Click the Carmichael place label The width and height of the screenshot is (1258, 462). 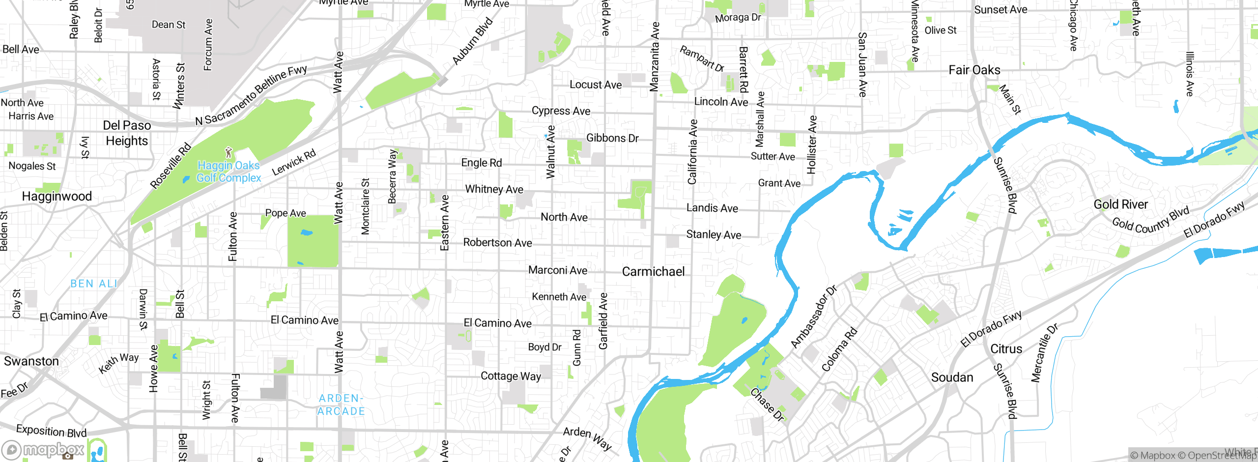click(653, 272)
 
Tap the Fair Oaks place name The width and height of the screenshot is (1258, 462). click(974, 70)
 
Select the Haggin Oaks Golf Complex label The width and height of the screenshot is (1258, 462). click(229, 172)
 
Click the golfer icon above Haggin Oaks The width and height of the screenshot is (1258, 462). click(229, 152)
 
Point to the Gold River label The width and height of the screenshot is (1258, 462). click(1120, 204)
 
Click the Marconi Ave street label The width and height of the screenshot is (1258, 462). click(558, 270)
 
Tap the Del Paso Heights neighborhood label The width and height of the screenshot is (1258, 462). click(127, 133)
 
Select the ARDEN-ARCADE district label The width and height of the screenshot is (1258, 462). click(341, 405)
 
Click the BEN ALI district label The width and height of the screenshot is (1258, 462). click(94, 284)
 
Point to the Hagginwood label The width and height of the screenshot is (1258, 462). click(57, 197)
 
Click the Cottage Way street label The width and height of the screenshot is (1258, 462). click(511, 376)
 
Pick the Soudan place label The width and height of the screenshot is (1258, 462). click(952, 377)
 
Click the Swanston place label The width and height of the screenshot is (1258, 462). click(31, 361)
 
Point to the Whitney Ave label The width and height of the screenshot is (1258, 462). click(494, 189)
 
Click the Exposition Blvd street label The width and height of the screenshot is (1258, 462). click(51, 431)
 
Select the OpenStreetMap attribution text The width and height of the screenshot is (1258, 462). click(1214, 456)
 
